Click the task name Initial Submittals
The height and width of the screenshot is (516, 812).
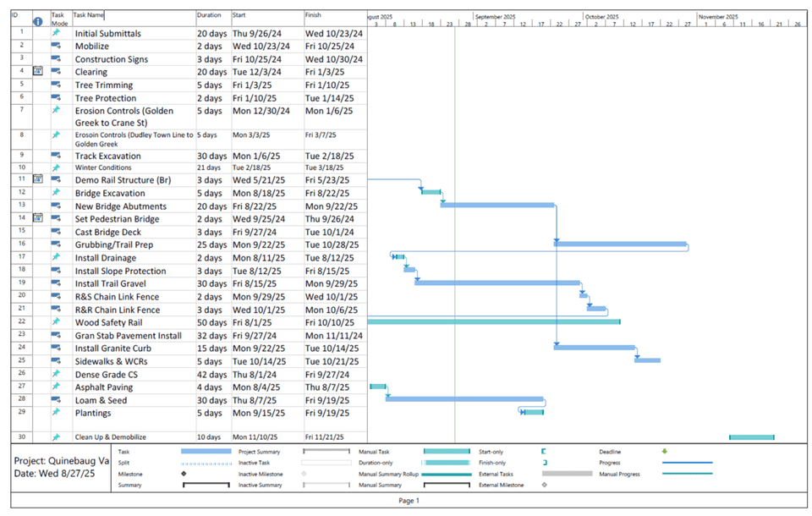[107, 33]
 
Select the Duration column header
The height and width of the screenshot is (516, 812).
[209, 15]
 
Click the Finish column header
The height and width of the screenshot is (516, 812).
[314, 15]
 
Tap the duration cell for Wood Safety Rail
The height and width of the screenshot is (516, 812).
[211, 322]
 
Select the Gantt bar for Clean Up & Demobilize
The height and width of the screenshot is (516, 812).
[751, 437]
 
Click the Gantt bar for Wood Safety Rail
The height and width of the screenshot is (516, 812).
[494, 321]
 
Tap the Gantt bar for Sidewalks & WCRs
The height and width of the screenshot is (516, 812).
[647, 360]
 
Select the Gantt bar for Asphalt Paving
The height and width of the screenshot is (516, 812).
[377, 387]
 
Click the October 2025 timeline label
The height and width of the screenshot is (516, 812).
[601, 17]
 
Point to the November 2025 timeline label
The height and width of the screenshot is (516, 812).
[718, 17]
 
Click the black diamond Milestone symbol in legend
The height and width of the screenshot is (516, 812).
[184, 474]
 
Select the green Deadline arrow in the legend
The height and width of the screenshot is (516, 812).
[665, 452]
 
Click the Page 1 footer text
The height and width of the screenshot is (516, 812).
[409, 501]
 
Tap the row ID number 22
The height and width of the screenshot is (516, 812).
[20, 321]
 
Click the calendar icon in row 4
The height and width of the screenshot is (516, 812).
[37, 72]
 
